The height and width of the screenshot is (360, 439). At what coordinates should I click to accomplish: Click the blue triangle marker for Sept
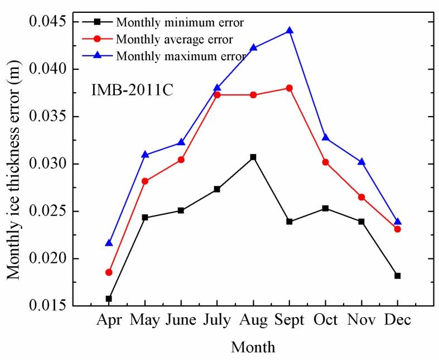tap(290, 31)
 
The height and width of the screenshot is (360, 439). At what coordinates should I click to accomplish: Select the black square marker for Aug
tap(253, 157)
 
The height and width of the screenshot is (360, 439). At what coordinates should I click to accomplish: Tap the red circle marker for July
tap(217, 95)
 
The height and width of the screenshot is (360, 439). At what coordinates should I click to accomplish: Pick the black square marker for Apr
tap(109, 299)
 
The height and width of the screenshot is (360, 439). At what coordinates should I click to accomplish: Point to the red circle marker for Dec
tap(398, 229)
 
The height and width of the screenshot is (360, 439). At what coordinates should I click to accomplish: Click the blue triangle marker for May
tap(145, 155)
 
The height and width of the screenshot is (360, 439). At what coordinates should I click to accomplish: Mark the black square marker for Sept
tap(290, 222)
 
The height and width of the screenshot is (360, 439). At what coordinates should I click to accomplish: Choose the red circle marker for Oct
tap(326, 162)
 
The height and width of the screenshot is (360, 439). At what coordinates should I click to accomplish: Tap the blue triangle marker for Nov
tap(361, 162)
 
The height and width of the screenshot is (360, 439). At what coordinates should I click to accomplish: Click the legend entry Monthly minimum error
tap(180, 22)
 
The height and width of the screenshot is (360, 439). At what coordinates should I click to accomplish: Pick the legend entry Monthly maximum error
tap(181, 56)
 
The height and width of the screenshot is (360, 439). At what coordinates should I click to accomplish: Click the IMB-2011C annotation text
tap(132, 90)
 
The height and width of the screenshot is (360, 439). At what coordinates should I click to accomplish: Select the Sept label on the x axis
tap(290, 320)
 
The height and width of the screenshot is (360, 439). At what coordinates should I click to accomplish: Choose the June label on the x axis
tap(181, 320)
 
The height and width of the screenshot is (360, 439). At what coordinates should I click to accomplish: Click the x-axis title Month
tap(253, 347)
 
